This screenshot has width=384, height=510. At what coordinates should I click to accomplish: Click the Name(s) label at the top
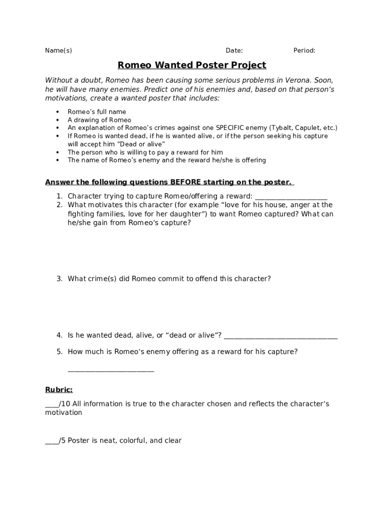point(58,50)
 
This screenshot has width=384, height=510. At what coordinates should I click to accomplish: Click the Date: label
point(234,50)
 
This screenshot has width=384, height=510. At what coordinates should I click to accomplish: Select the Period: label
point(304,50)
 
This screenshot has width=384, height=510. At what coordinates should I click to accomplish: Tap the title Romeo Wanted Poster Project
point(192,65)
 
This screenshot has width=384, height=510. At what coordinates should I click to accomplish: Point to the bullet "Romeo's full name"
point(97,112)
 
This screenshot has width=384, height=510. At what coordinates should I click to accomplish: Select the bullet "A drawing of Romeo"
point(99,120)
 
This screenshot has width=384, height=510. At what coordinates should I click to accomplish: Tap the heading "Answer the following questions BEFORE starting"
point(170,182)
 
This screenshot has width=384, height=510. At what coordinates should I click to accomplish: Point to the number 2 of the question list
point(59,205)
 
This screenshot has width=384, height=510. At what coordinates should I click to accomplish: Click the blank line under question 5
point(111,371)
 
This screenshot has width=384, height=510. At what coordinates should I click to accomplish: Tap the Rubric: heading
point(59,390)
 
